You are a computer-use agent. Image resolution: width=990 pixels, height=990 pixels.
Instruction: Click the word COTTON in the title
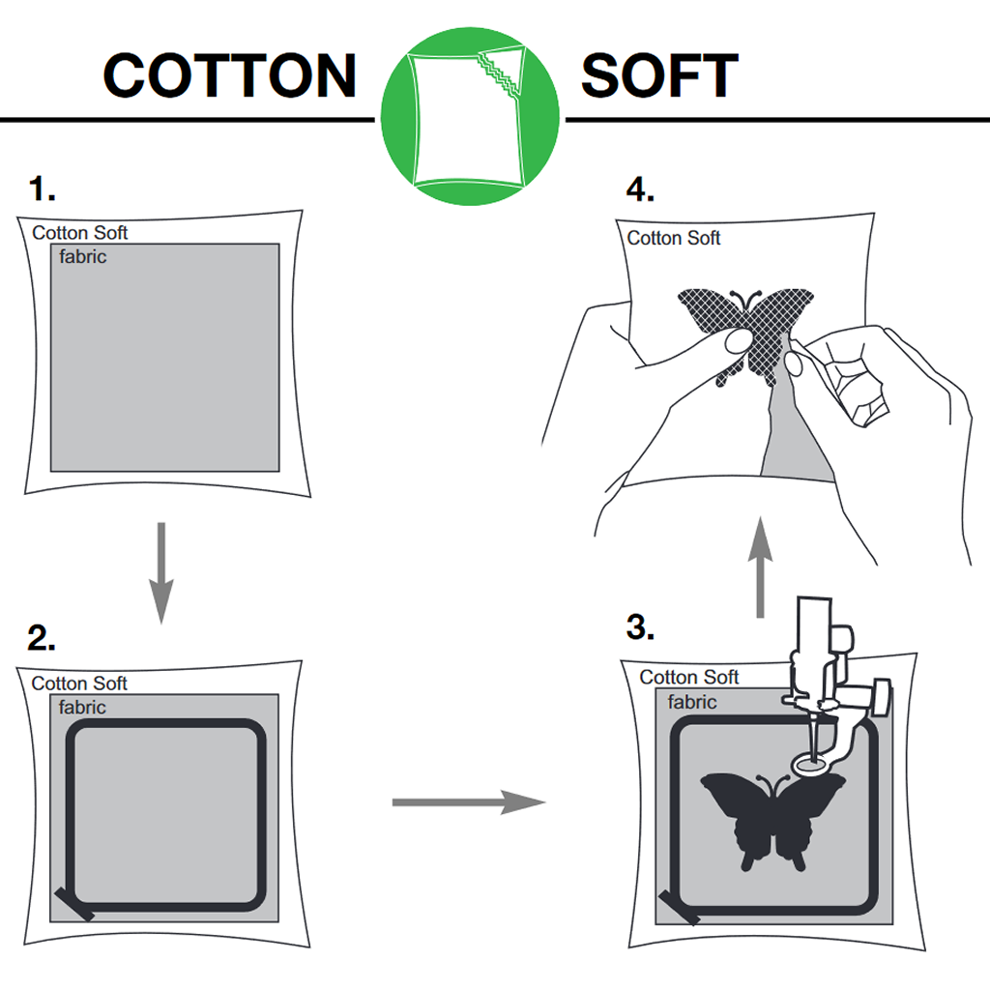(x=230, y=75)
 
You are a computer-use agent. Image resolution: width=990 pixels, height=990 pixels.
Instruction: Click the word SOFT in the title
(x=659, y=75)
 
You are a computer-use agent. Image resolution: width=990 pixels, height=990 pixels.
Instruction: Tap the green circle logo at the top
(x=470, y=116)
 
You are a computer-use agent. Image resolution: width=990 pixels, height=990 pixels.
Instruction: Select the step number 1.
(x=42, y=189)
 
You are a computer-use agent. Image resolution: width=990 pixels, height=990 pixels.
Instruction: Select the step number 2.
(x=41, y=638)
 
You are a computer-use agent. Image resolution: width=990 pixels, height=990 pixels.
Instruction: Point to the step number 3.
(x=640, y=626)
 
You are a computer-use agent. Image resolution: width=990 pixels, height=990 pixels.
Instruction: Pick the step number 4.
(x=640, y=189)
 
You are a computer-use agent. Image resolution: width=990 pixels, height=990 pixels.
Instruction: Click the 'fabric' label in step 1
(x=83, y=256)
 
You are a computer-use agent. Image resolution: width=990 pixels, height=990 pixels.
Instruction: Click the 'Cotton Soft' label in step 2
(x=79, y=684)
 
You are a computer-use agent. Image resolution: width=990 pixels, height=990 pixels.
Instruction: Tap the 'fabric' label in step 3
(x=692, y=702)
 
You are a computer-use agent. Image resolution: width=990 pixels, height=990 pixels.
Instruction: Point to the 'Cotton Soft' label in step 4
(x=673, y=238)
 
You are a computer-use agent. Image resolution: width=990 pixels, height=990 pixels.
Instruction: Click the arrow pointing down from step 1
(x=161, y=572)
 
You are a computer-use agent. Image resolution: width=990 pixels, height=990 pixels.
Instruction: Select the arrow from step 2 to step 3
(x=469, y=801)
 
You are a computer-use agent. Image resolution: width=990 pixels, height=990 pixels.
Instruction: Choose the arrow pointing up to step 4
(x=760, y=567)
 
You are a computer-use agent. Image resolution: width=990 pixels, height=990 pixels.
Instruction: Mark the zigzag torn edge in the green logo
(x=499, y=75)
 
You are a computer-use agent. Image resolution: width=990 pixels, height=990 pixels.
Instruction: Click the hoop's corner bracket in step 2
(x=74, y=904)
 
